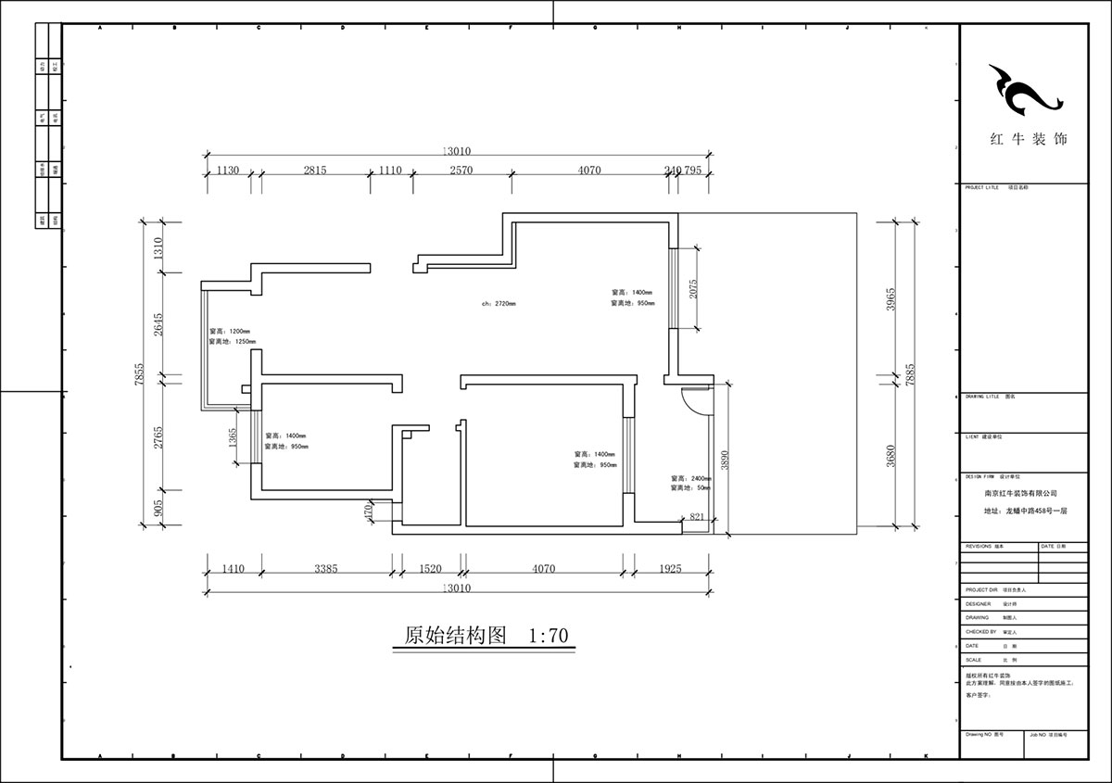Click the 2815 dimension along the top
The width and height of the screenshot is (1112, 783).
[x=315, y=170]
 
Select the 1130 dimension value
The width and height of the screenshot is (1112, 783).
[x=228, y=170]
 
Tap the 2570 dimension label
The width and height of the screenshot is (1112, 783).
[x=461, y=170]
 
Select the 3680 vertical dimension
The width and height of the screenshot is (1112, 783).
[x=891, y=456]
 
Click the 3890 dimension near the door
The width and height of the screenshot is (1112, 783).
[x=726, y=460]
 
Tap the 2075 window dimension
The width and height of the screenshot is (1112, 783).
[x=693, y=289]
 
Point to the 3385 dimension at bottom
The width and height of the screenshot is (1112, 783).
[x=331, y=569]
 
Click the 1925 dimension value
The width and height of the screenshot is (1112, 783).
[x=670, y=569]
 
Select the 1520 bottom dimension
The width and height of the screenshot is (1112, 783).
[x=431, y=569]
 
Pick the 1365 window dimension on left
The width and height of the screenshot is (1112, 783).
[x=233, y=438]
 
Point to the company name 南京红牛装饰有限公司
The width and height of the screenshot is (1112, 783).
[x=1020, y=494]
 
